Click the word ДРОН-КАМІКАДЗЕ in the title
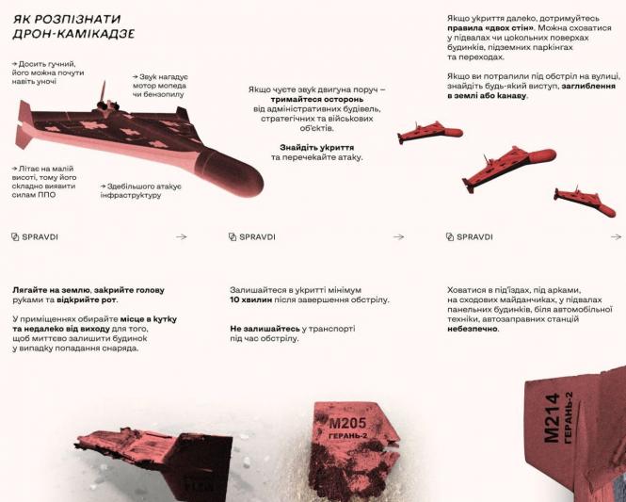pos(73,34)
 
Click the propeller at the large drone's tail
pos(104,90)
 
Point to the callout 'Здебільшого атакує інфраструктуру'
pos(141,190)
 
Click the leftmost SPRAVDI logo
pos(35,237)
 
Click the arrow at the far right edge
pos(616,237)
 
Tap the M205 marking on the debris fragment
pos(347,424)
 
